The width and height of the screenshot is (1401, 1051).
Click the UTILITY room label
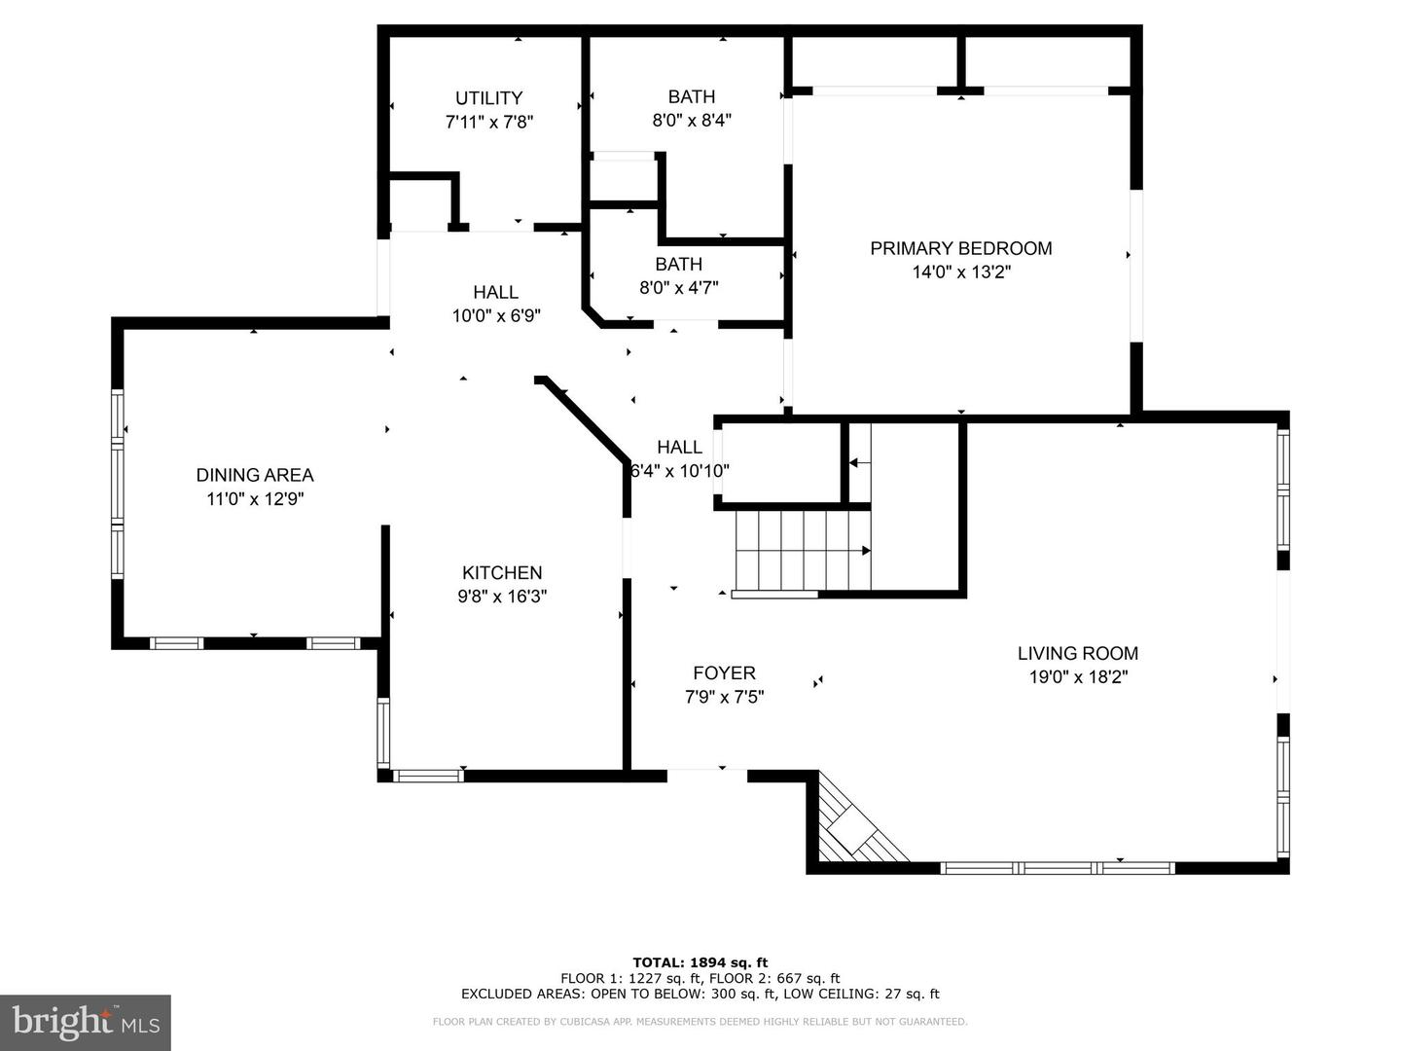[x=489, y=97]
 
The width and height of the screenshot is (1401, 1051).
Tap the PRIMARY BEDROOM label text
[x=960, y=248]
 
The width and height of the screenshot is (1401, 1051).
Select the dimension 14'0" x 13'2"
[x=961, y=272]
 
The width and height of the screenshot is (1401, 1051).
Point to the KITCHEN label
[x=502, y=572]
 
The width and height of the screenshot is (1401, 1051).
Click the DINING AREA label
[x=255, y=475]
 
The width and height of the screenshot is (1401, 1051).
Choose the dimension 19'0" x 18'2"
[x=1078, y=677]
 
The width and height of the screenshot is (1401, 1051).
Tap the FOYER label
[x=725, y=672]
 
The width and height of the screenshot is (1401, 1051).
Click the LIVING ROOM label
[x=1078, y=653]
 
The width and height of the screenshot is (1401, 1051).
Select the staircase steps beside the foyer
[x=803, y=550]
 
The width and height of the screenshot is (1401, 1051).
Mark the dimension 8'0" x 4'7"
[x=679, y=288]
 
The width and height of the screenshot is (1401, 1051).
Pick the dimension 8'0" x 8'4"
[x=692, y=120]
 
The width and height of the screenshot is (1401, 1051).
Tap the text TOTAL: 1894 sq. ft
[x=700, y=962]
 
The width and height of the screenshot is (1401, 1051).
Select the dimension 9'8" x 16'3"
[x=502, y=597]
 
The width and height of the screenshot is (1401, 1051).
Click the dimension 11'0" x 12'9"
[x=255, y=499]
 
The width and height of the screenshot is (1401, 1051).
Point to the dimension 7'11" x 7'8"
[x=489, y=122]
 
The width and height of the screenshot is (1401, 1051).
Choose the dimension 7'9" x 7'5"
[x=725, y=697]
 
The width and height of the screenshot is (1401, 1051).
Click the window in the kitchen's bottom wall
[x=428, y=776]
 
